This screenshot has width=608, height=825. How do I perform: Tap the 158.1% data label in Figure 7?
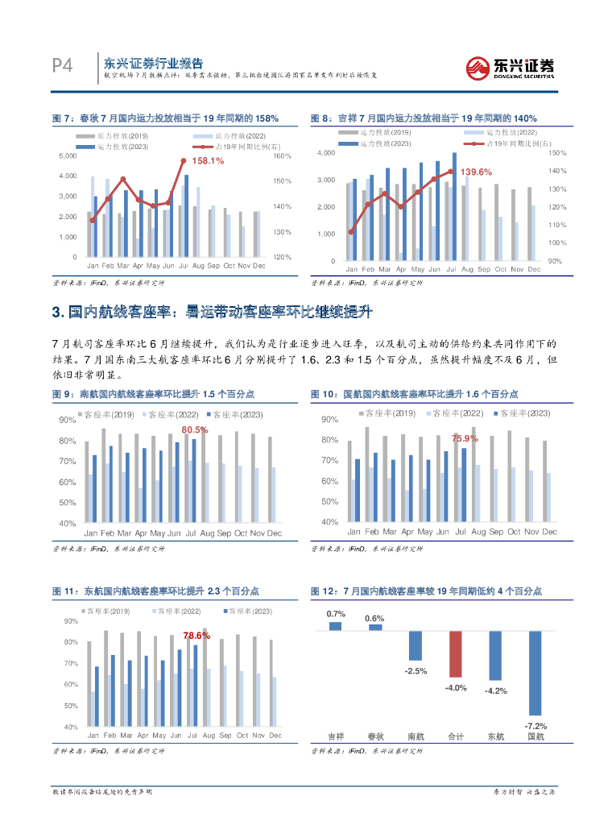coord(208,161)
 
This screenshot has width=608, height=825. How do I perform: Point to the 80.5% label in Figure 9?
coord(195,430)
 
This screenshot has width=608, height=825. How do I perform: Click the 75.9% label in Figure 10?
coord(465,439)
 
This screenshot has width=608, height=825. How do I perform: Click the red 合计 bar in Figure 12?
coord(456,653)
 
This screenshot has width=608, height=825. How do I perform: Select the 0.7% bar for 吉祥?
coord(336,625)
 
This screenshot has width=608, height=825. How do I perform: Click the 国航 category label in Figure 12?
coord(535,736)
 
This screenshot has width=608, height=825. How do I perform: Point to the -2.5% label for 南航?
coord(416,670)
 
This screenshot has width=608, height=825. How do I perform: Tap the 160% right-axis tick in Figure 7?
coord(282,156)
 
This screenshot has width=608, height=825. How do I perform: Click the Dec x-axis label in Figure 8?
coord(533,269)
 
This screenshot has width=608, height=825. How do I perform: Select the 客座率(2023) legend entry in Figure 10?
coord(519,413)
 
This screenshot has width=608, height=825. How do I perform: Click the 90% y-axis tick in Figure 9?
coord(68,421)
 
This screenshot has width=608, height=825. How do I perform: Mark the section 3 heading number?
coord(56,313)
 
